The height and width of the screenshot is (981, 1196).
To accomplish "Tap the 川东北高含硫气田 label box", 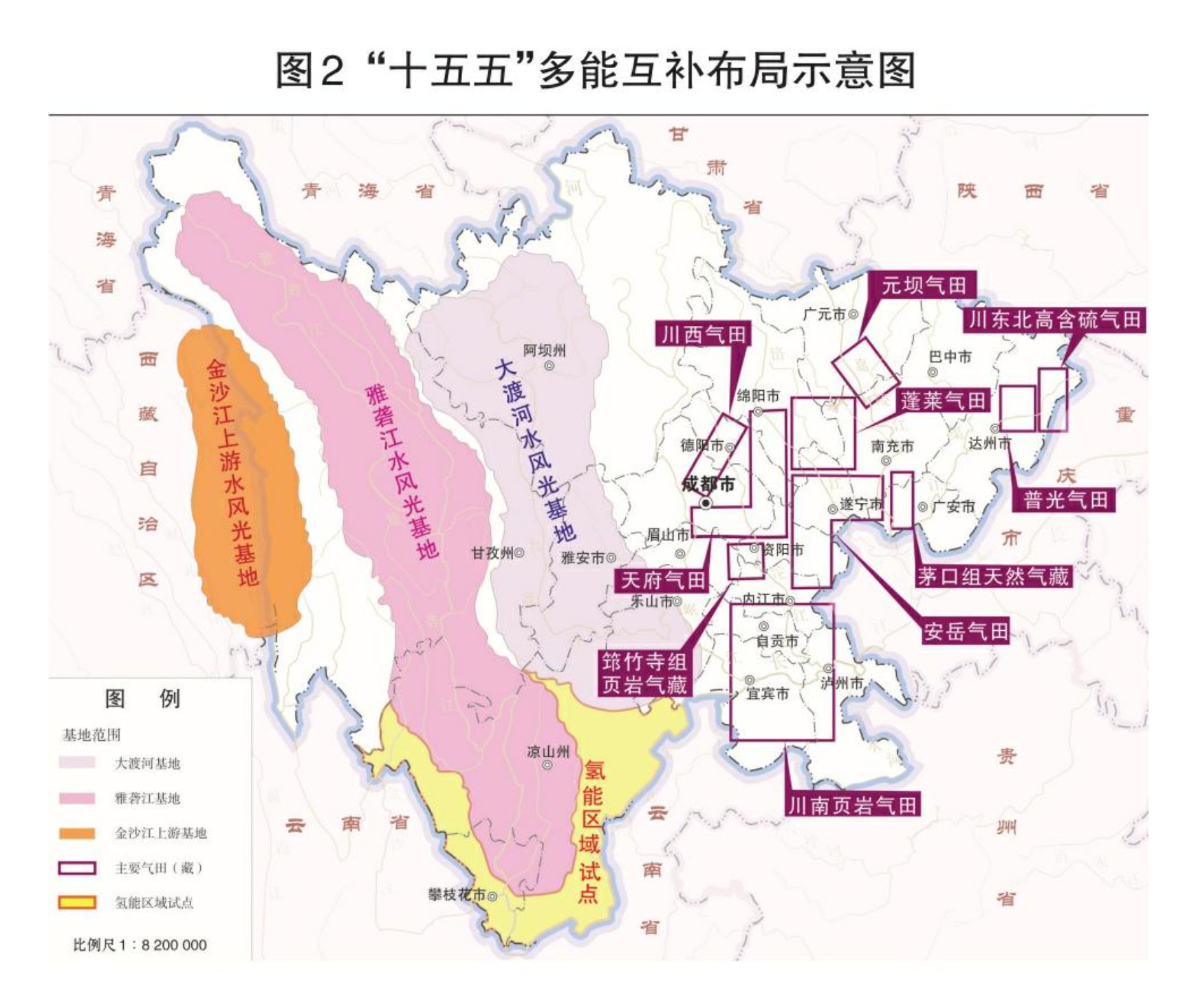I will [1054, 319].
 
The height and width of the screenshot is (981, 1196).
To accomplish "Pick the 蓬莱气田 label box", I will [943, 400].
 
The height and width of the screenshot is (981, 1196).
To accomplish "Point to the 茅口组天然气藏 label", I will [992, 576].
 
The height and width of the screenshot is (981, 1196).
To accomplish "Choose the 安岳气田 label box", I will [966, 631].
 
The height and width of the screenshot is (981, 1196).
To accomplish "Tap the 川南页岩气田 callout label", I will [852, 805].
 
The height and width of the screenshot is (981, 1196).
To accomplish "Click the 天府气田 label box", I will [662, 580].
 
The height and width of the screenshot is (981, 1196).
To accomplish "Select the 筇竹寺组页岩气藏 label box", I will [644, 673].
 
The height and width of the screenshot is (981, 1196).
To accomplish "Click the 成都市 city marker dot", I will [706, 504].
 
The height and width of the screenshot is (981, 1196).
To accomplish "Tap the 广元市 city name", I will [825, 314].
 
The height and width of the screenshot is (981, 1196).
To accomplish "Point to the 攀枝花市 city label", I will [457, 895].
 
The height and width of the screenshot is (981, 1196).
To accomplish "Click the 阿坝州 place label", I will [544, 351].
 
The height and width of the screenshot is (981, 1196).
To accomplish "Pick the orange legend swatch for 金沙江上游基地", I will [77, 833].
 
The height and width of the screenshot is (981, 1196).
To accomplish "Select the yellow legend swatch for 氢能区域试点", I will [77, 903].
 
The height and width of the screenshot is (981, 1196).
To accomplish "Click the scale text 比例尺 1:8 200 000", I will [140, 945].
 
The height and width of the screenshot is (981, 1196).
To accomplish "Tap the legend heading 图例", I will [142, 699].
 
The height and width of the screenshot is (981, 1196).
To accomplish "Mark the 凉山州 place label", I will [547, 751].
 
